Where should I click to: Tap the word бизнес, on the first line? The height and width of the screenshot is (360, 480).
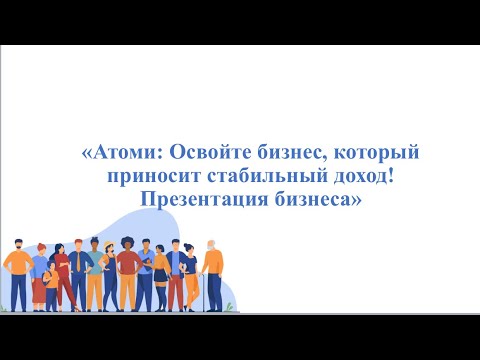tap(291, 155)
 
